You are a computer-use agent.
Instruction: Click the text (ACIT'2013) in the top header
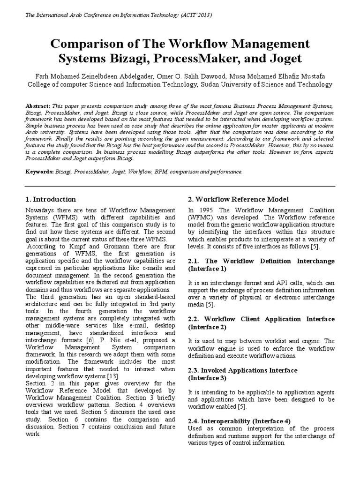coord(193,15)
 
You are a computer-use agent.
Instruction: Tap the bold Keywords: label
coord(40,172)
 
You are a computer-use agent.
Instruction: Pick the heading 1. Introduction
coord(51,199)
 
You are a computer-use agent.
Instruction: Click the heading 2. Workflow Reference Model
coord(238,199)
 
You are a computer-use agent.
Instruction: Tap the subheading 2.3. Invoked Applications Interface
coord(242,370)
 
